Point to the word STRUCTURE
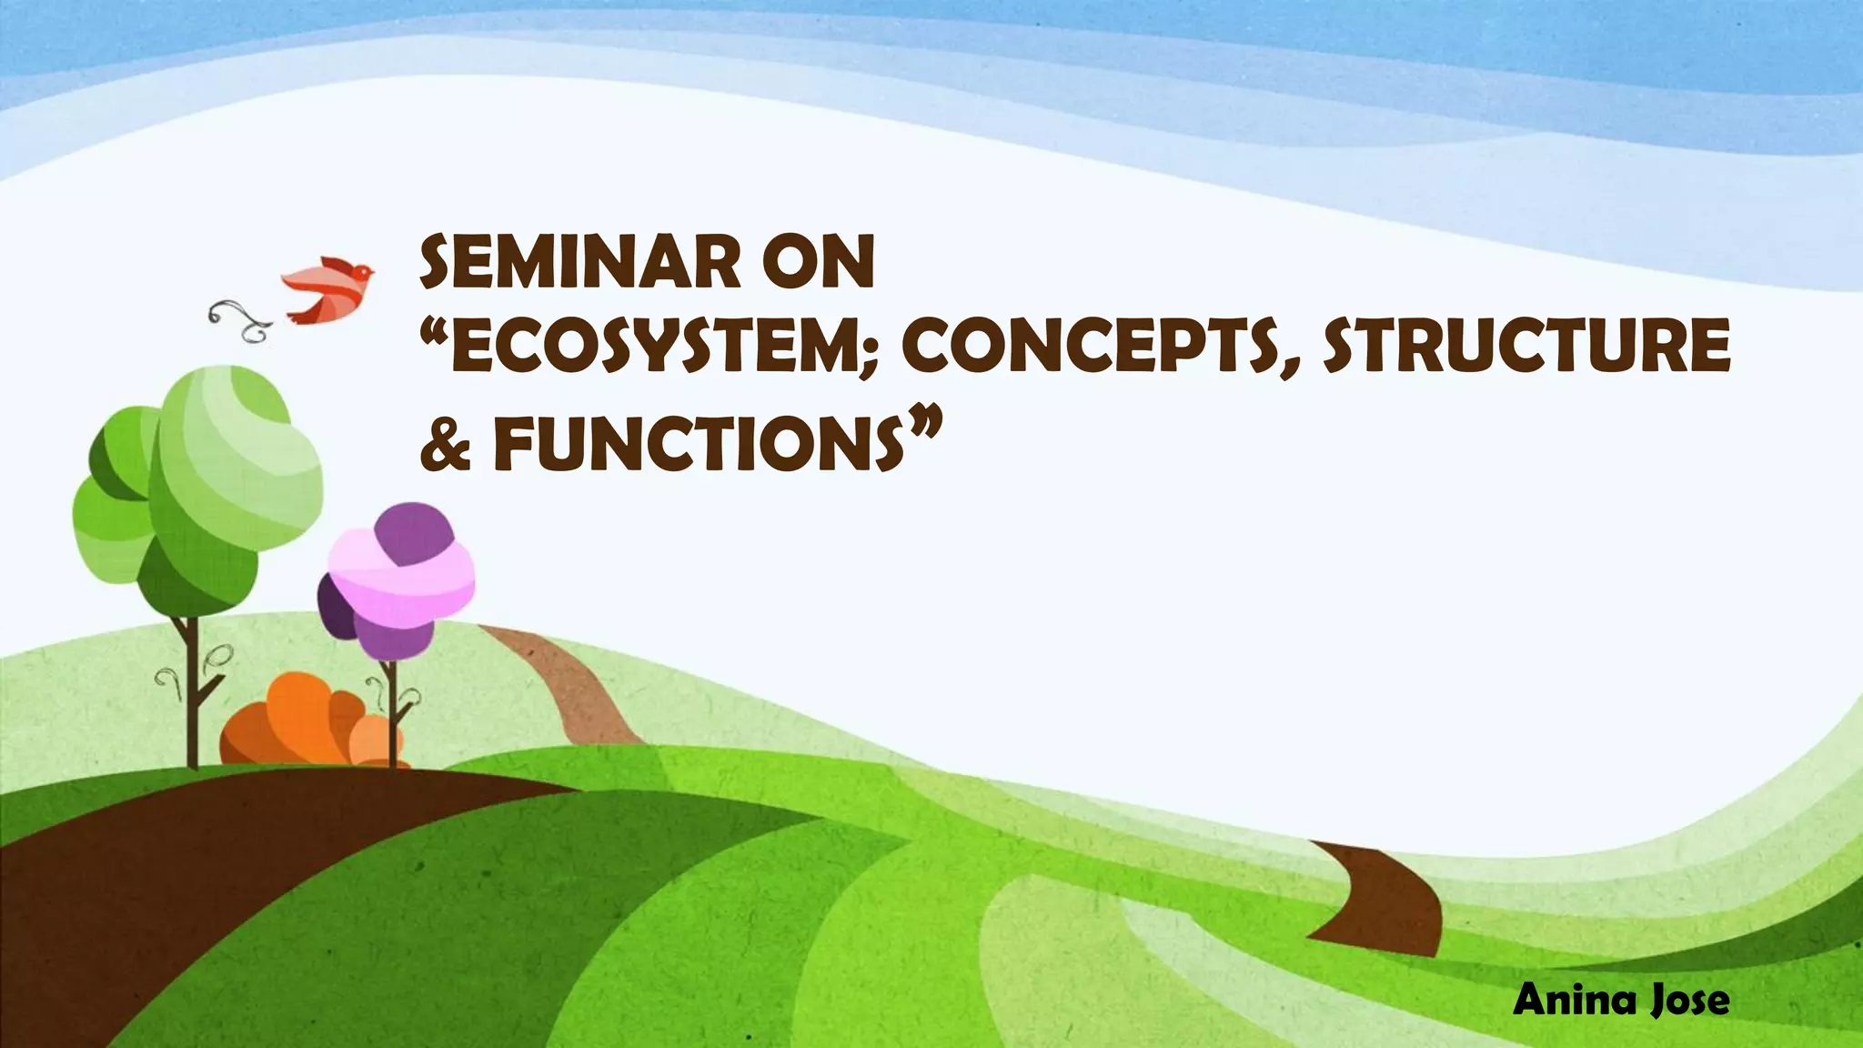(x=1526, y=348)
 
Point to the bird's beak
(x=372, y=271)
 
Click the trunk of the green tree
(x=190, y=691)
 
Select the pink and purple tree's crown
(x=400, y=578)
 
